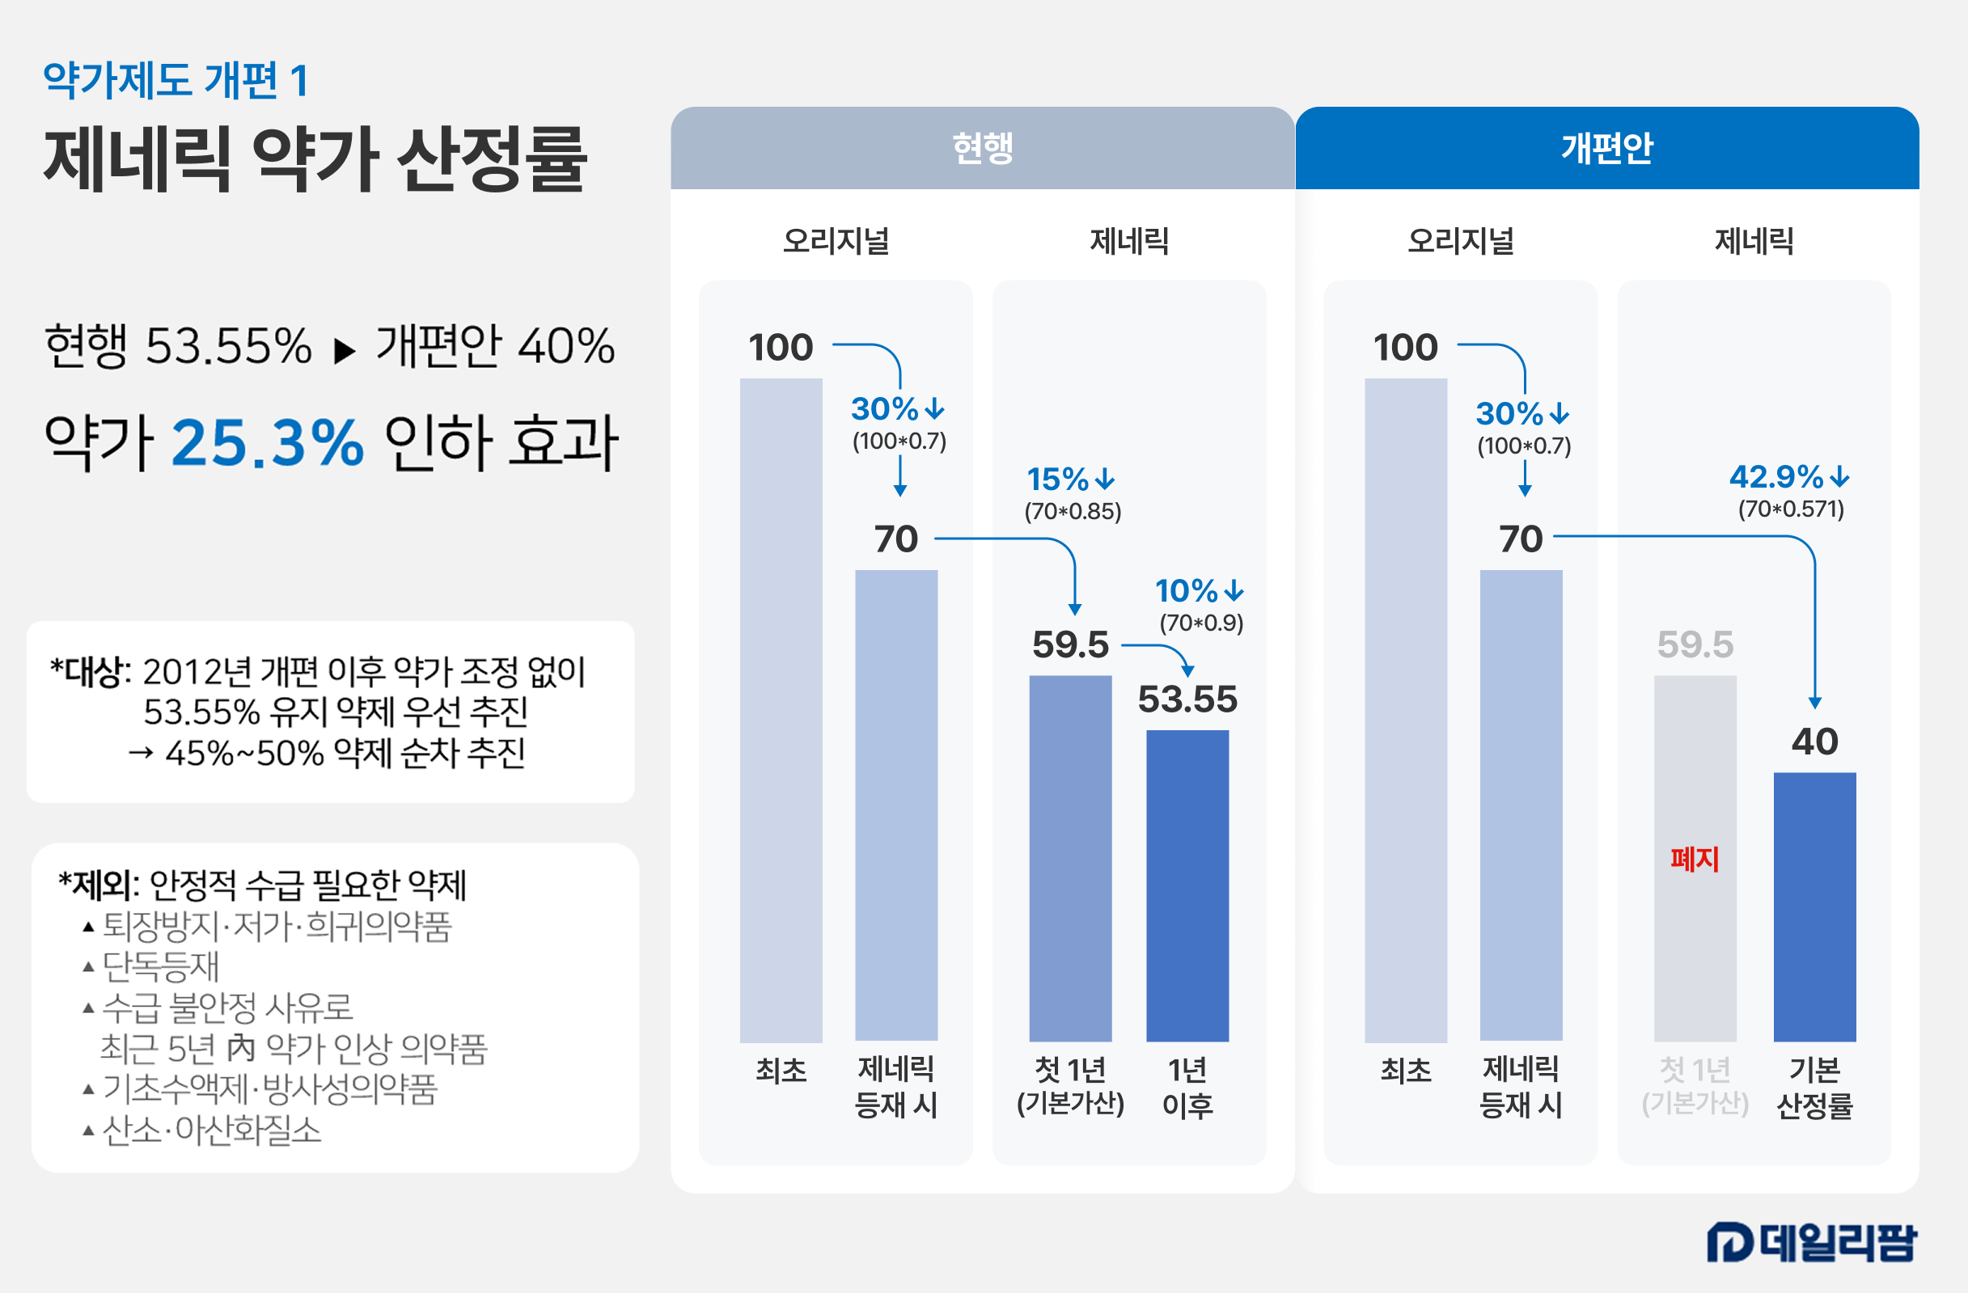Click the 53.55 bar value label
[1187, 699]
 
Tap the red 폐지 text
[1695, 859]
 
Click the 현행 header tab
[982, 149]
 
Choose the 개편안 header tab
[1606, 149]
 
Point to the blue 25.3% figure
[268, 443]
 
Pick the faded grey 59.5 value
[1695, 644]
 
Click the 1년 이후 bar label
[1187, 1087]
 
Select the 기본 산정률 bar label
[1814, 1087]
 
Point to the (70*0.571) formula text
[1791, 509]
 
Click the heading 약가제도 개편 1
[176, 81]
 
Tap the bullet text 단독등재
[160, 966]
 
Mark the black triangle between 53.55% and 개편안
[344, 352]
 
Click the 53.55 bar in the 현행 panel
[1187, 885]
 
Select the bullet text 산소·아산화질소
[212, 1130]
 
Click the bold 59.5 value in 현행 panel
[1070, 644]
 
